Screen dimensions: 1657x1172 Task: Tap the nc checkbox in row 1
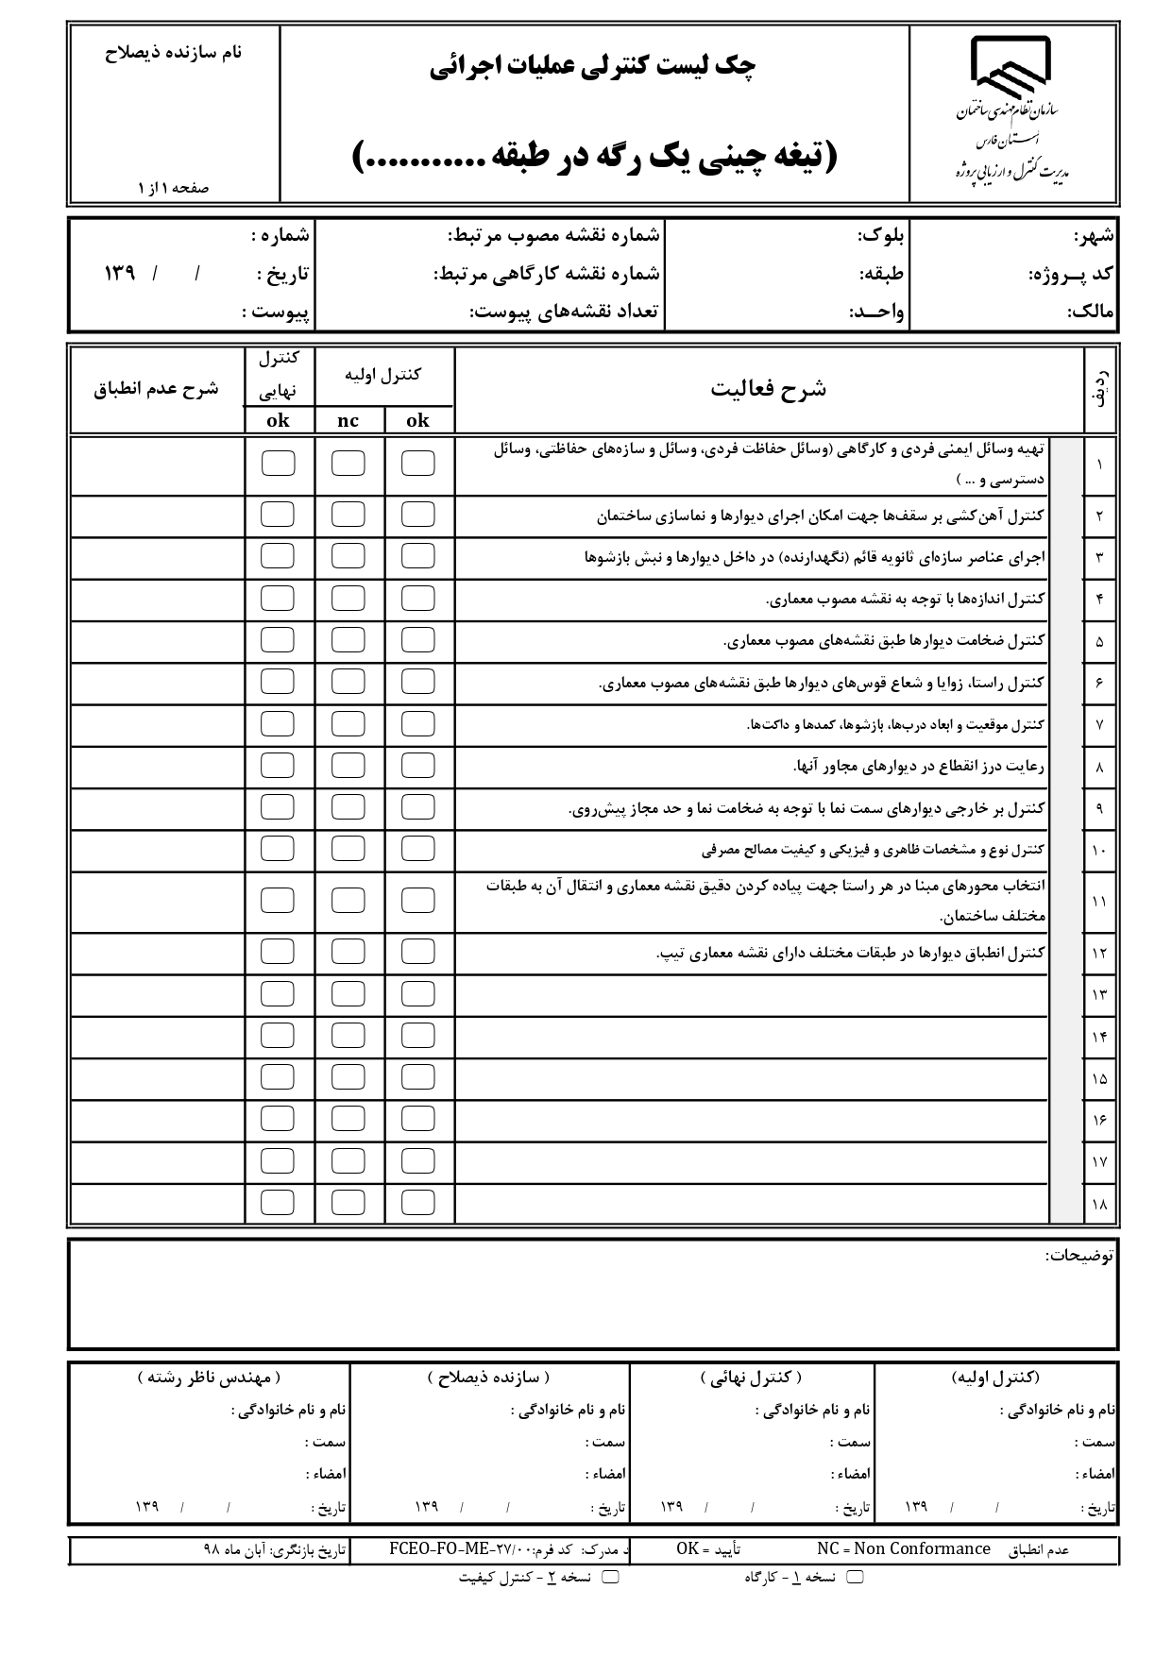coord(348,464)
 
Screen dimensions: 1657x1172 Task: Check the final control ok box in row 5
coord(277,640)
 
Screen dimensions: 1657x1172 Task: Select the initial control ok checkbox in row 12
coord(417,952)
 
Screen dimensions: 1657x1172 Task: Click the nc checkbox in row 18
coord(348,1202)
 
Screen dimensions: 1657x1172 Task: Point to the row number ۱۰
coord(1099,851)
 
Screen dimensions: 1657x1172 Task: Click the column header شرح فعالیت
coord(768,389)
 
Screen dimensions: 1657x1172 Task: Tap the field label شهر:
coord(1094,235)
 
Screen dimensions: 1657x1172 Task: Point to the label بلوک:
coord(880,235)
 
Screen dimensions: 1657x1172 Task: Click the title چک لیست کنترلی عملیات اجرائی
coord(593,66)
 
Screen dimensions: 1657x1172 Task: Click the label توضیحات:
coord(1079,1255)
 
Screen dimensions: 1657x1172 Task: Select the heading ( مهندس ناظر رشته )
coord(209,1378)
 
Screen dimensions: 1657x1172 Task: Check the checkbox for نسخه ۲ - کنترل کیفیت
coord(610,1577)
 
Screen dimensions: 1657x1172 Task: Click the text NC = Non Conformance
coord(903,1548)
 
